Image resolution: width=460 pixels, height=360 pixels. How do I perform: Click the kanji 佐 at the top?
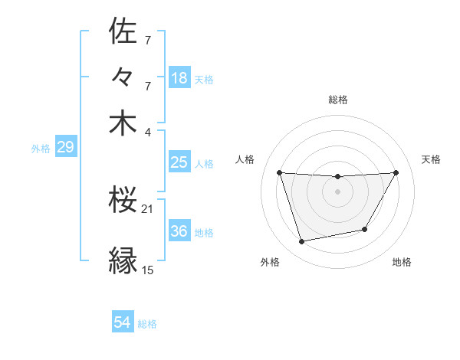coord(123,32)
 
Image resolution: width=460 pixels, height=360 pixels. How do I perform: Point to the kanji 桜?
coord(123,201)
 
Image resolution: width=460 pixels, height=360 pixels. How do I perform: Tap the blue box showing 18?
coord(179,78)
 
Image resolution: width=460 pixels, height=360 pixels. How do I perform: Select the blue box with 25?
coord(179,162)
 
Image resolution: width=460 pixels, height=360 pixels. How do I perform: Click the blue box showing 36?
coord(179,231)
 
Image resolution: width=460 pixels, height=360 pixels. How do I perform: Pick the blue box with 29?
coord(65,147)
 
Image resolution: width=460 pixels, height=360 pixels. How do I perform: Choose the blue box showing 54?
coord(123,323)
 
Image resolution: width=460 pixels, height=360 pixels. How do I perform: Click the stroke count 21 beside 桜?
coord(148,209)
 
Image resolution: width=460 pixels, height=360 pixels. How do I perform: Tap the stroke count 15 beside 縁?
coord(148,270)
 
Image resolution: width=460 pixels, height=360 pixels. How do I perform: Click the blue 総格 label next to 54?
coord(147,325)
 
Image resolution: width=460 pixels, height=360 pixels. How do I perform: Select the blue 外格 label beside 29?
coord(41,149)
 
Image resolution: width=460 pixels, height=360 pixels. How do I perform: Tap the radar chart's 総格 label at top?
coord(338,100)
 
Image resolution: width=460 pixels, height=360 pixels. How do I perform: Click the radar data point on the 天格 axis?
coord(396,172)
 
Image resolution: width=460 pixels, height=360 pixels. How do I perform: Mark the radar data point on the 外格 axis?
coord(302,242)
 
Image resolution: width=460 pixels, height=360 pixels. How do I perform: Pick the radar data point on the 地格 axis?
coord(365,229)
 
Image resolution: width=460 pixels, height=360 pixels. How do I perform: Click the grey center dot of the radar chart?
coord(337,191)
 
